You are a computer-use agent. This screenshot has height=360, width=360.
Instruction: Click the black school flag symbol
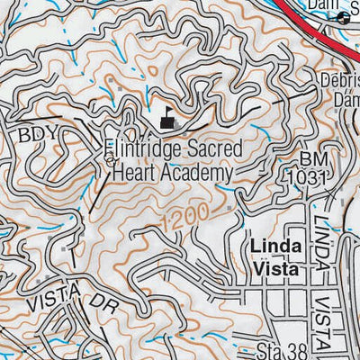coord(166,117)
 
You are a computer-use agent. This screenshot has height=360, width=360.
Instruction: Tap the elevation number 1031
coord(306,179)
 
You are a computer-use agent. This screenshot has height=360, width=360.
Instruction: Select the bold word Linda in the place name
coord(267,246)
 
